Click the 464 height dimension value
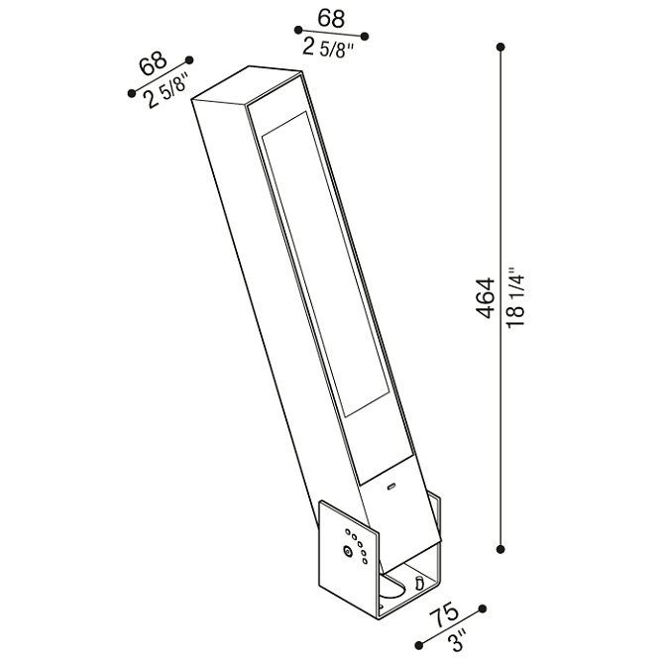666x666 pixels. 486,297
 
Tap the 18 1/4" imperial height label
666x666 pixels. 517,297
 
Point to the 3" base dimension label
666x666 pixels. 458,642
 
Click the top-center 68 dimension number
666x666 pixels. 332,18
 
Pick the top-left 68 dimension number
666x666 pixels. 154,62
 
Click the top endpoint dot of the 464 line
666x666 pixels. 500,47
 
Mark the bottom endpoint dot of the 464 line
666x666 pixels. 500,549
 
